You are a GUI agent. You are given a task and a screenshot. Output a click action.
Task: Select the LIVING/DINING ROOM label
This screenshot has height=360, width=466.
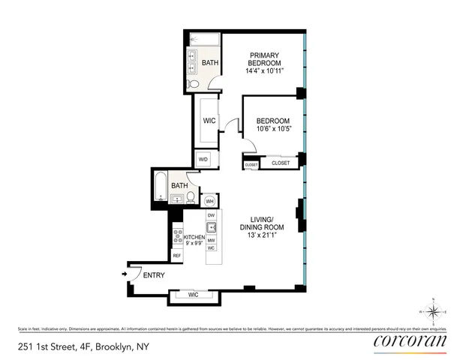point(262,226)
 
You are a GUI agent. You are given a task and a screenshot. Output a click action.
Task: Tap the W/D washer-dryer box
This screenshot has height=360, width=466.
point(203,160)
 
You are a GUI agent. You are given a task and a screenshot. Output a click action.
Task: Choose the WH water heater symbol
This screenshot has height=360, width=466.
point(210,201)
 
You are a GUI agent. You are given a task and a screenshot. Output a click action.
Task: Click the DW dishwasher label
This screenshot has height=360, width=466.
point(212,215)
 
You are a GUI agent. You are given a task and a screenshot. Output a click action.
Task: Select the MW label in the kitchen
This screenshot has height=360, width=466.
point(212,240)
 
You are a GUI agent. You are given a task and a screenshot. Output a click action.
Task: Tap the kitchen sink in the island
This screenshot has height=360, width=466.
point(212,228)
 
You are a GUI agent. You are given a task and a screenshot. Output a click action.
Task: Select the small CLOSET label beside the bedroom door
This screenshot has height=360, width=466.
point(251,164)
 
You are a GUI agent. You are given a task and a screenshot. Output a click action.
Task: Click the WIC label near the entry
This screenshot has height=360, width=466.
point(193,295)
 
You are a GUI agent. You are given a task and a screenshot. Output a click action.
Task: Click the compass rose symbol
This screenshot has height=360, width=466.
point(433,311)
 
